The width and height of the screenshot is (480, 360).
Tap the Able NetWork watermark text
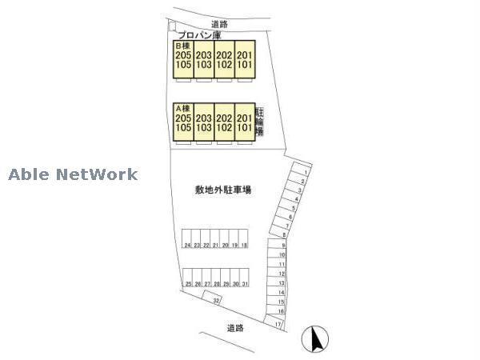tap(74, 174)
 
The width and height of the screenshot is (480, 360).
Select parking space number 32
tap(215, 300)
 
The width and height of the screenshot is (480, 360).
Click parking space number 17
tap(278, 324)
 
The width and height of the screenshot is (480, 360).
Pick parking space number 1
tap(305, 172)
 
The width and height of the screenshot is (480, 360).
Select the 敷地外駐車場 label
tap(218, 190)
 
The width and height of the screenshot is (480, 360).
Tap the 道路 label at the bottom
tap(234, 328)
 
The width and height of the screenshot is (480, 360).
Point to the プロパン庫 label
tap(199, 35)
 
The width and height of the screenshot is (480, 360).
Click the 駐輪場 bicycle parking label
tap(260, 122)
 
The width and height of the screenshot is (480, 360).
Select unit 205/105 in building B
tap(183, 59)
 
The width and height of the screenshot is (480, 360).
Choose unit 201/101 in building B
tap(245, 59)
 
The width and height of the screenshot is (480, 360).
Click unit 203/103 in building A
tap(204, 122)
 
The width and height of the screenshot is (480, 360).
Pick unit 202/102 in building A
tap(225, 122)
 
